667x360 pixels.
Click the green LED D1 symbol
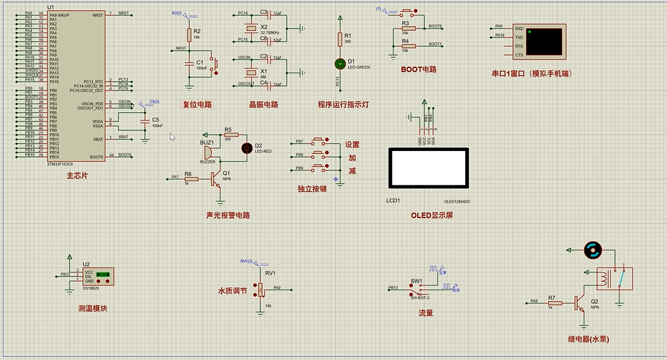pyautogui.click(x=340, y=63)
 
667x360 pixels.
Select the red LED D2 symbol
pyautogui.click(x=247, y=147)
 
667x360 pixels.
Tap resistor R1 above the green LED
pyautogui.click(x=340, y=39)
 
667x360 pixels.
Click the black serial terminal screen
pyautogui.click(x=543, y=41)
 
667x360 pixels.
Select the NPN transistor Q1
pyautogui.click(x=215, y=178)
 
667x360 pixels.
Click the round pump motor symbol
pyautogui.click(x=592, y=249)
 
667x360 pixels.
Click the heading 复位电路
pyautogui.click(x=197, y=104)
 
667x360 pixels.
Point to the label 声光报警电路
pyautogui.click(x=227, y=215)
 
